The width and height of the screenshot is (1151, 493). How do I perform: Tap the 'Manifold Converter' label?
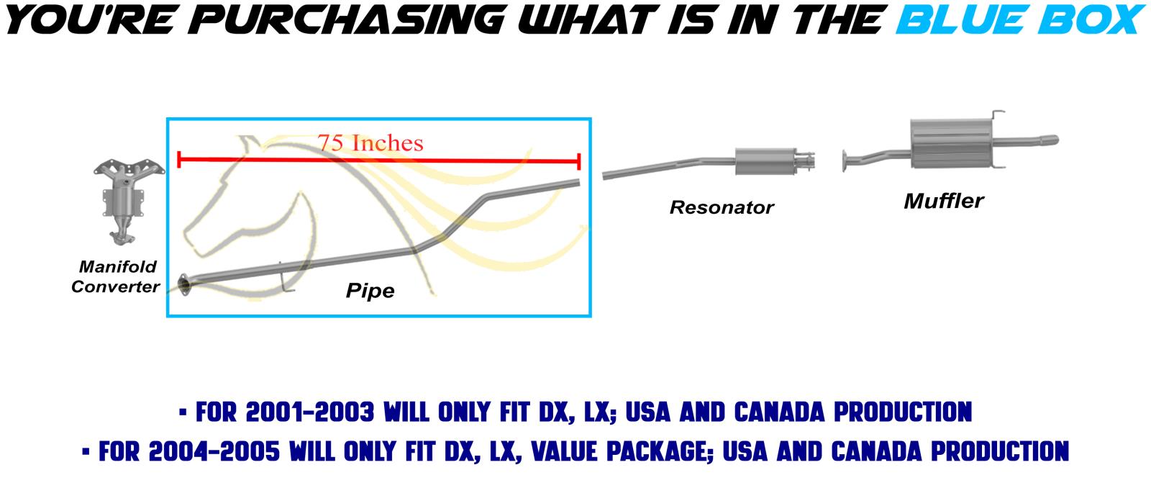[x=116, y=276]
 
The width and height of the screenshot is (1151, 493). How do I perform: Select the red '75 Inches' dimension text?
[x=370, y=143]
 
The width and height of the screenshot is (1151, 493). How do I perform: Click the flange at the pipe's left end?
[x=183, y=285]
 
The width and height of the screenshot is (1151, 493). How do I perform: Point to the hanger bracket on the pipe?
[x=284, y=278]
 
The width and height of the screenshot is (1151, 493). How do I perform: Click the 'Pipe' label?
[x=370, y=291]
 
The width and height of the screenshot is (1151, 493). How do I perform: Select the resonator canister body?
[x=765, y=161]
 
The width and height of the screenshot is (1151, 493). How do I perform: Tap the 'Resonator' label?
[x=722, y=207]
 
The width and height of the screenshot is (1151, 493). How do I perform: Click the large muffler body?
[x=950, y=143]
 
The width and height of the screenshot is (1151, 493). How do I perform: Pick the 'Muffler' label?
[x=944, y=201]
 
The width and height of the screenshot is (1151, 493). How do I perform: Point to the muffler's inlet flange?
[x=845, y=161]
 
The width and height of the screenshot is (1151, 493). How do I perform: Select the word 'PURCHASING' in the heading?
[x=347, y=20]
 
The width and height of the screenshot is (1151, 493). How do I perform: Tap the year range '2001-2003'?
[x=310, y=412]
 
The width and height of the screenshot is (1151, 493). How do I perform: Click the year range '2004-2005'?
[x=214, y=451]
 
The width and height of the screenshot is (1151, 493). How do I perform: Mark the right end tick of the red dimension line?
[x=579, y=161]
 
